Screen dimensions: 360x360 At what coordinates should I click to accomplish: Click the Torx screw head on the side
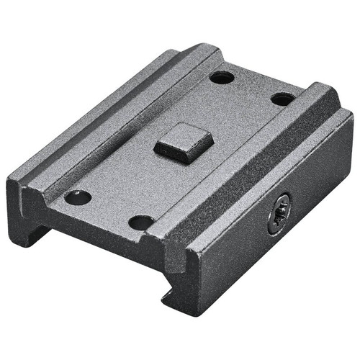click(279, 214)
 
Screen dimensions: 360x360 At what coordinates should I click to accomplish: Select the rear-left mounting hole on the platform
click(222, 76)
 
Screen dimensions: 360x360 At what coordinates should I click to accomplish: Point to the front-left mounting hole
click(78, 197)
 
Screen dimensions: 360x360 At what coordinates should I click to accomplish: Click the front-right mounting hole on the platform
click(141, 222)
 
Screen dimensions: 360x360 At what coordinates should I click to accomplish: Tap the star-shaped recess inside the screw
click(279, 214)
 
